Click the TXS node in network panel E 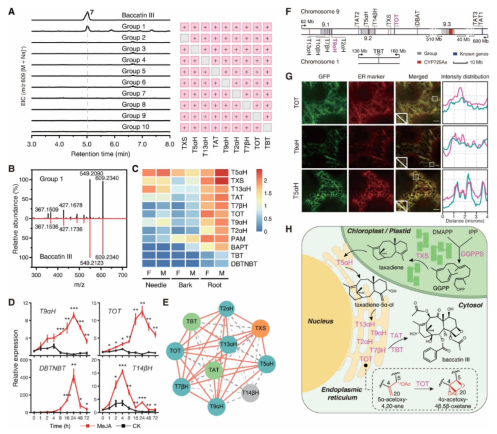(x=260, y=328)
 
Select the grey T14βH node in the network (x=250, y=392)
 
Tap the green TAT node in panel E (x=214, y=370)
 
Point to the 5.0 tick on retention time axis (x=87, y=144)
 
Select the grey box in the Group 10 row (x=267, y=127)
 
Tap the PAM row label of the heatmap (x=238, y=239)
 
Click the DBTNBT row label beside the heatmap (x=244, y=264)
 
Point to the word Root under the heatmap (x=214, y=285)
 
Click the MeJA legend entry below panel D (x=98, y=426)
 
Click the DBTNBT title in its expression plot (x=52, y=368)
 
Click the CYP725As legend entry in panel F (x=435, y=62)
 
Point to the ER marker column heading (x=371, y=76)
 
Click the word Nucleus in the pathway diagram (x=320, y=321)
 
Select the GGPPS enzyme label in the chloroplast (x=472, y=254)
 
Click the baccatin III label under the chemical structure (x=456, y=359)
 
